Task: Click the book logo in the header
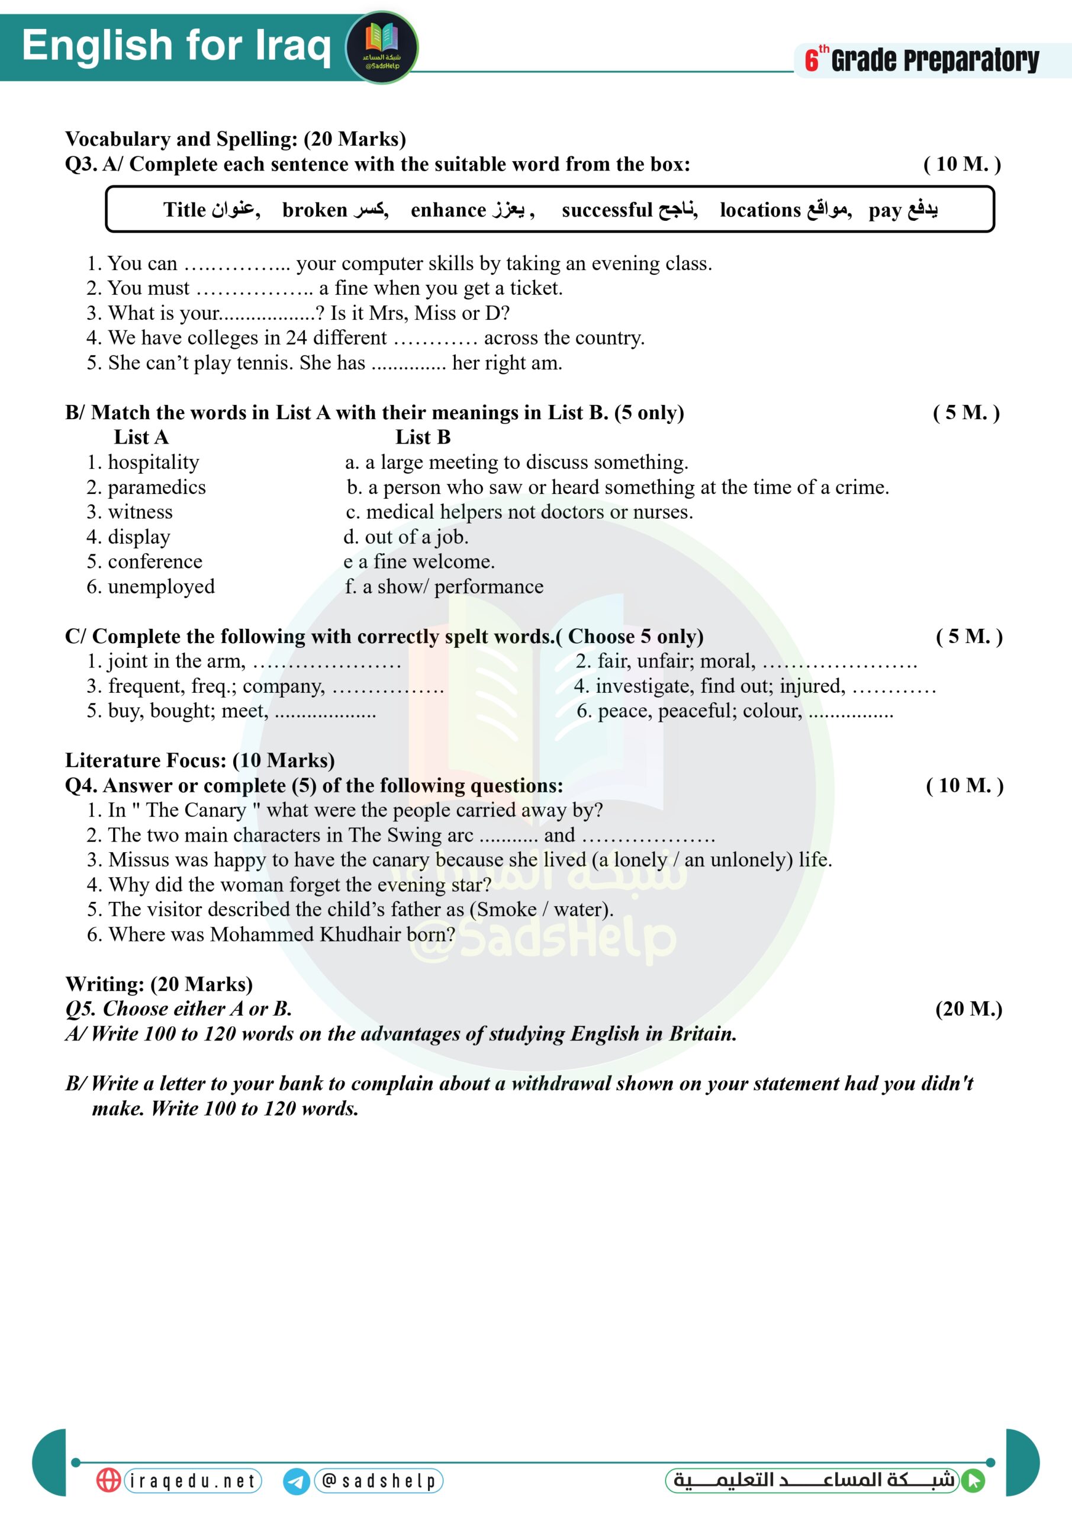point(382,47)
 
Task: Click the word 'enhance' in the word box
point(448,210)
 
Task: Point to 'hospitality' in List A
point(153,462)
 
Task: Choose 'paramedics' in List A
point(156,487)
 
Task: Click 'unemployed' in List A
point(161,586)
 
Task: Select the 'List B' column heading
point(423,437)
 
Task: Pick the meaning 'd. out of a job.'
point(406,537)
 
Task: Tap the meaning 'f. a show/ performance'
point(444,586)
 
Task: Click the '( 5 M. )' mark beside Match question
point(965,413)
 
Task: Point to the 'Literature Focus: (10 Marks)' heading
point(200,760)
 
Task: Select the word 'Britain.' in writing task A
point(703,1033)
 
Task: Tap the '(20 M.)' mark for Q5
point(968,1008)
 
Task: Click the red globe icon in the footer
point(109,1480)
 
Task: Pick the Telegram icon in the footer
point(297,1481)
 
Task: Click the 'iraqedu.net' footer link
point(193,1480)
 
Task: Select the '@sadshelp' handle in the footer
point(379,1480)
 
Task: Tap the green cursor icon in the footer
point(973,1480)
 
